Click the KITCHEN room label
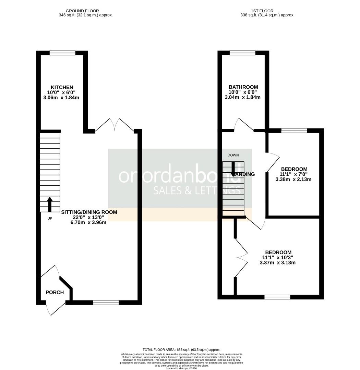click(62, 87)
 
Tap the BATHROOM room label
click(243, 87)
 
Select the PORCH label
click(55, 292)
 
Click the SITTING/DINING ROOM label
click(89, 212)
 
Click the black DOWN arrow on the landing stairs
click(233, 169)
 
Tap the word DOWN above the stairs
click(233, 155)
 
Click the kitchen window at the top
click(62, 53)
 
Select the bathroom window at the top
click(243, 53)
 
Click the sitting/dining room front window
click(106, 302)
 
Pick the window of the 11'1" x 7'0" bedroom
click(294, 130)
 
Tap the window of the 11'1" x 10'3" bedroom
click(277, 297)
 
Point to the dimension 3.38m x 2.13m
click(294, 179)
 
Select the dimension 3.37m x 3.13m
click(278, 263)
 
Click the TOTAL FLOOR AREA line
click(181, 350)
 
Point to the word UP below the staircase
click(50, 218)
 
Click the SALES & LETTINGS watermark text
click(196, 190)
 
